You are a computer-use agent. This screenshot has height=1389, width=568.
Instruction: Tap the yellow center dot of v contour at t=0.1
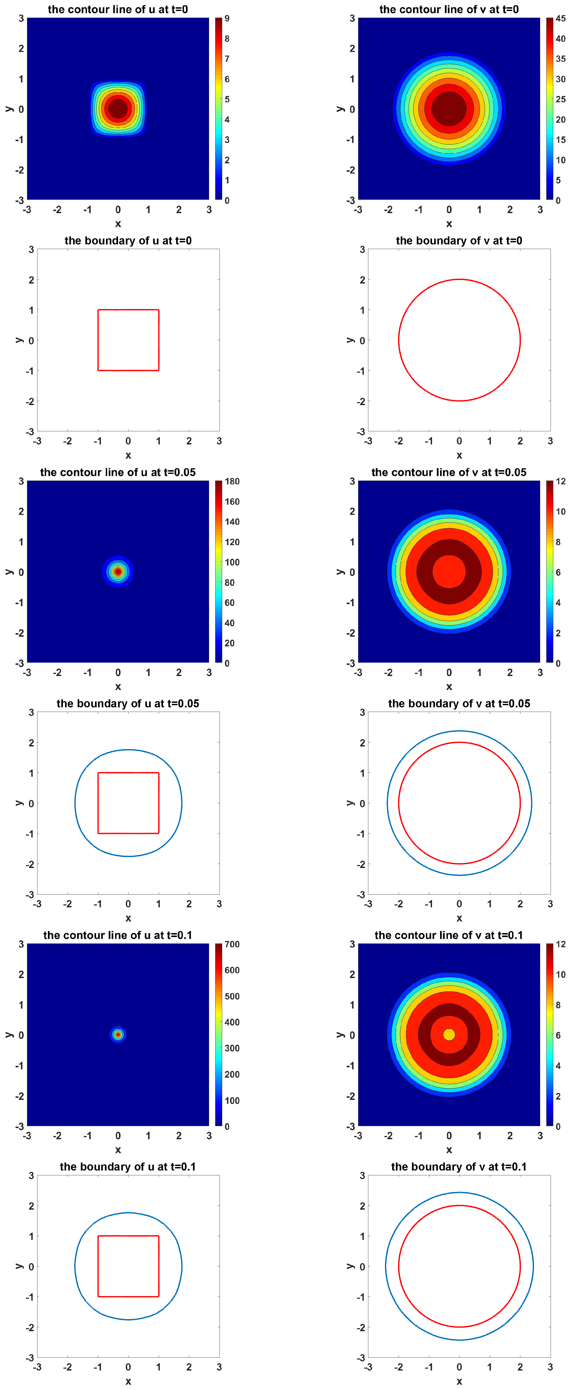tap(449, 1034)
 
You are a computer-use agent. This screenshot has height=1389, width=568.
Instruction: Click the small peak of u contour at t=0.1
tap(118, 1034)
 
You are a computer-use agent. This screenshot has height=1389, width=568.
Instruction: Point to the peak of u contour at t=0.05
tap(118, 572)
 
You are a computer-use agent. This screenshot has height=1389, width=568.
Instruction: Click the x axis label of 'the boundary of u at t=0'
tap(128, 455)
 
